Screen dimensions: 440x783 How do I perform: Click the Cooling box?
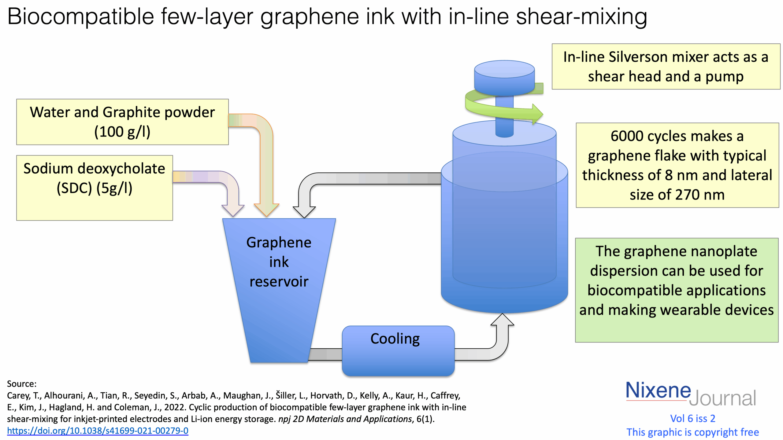coord(398,351)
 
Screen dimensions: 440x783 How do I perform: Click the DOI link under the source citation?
coord(98,431)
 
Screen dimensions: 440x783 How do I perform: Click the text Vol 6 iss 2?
coord(692,419)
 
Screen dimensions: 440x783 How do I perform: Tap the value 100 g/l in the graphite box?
coord(122,132)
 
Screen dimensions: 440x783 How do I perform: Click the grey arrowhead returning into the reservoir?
coord(304,211)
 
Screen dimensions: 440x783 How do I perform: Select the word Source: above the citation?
coord(21,384)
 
